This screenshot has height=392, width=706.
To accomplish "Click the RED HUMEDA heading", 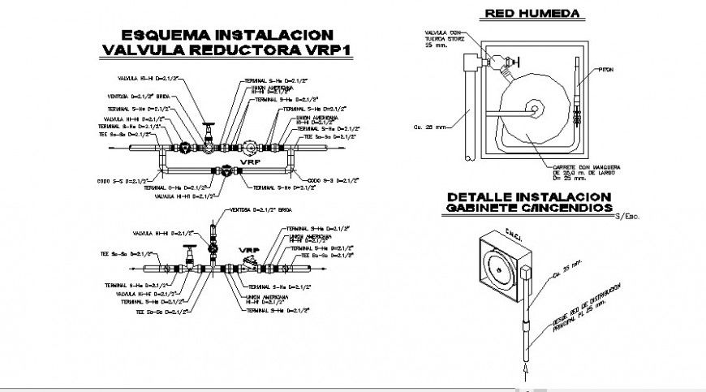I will (531, 13).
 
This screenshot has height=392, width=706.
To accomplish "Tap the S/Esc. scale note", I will (627, 216).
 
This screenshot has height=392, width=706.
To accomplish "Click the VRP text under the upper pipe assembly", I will (249, 162).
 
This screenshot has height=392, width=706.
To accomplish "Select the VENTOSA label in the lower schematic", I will (251, 209).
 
